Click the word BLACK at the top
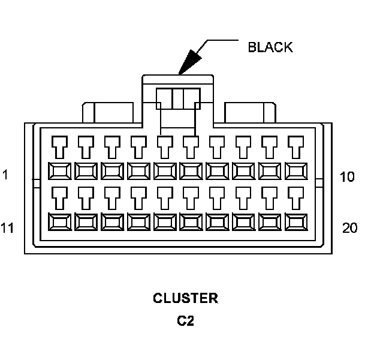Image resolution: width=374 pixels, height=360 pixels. pyautogui.click(x=270, y=47)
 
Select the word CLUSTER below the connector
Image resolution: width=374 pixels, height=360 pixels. pyautogui.click(x=186, y=298)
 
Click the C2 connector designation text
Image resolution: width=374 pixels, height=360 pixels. pyautogui.click(x=186, y=321)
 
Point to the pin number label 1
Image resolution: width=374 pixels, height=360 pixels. pyautogui.click(x=5, y=176)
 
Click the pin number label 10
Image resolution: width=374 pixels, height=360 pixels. pyautogui.click(x=348, y=177)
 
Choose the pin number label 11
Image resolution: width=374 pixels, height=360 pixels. pyautogui.click(x=7, y=227)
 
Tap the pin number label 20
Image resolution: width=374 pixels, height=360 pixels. pyautogui.click(x=350, y=227)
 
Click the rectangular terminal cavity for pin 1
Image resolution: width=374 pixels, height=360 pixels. pyautogui.click(x=59, y=170)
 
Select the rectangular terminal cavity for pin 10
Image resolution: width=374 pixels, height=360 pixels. pyautogui.click(x=296, y=170)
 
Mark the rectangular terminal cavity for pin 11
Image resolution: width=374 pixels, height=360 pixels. pyautogui.click(x=59, y=222)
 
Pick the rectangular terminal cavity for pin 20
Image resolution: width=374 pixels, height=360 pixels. pyautogui.click(x=296, y=222)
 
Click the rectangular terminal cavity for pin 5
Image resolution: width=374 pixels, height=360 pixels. pyautogui.click(x=164, y=170)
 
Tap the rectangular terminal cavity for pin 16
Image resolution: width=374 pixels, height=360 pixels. pyautogui.click(x=191, y=222)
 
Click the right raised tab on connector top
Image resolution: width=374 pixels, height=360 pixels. pyautogui.click(x=250, y=112)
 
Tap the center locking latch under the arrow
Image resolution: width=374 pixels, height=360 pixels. pyautogui.click(x=179, y=99)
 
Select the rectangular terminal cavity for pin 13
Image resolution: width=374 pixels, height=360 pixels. pyautogui.click(x=111, y=222)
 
